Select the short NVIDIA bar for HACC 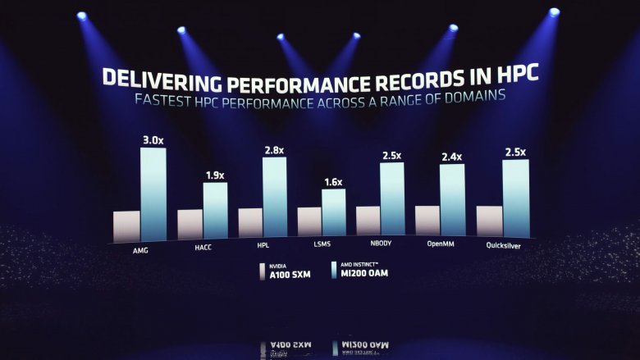[x=190, y=224]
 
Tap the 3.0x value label [x=153, y=140]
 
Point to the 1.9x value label [x=214, y=174]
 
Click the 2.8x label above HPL [x=274, y=150]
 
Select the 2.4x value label [x=452, y=157]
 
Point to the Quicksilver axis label [x=502, y=244]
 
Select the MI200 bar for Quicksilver [x=514, y=197]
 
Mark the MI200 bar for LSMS [x=334, y=212]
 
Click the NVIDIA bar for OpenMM [x=427, y=221]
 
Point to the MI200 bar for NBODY [x=392, y=198]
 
